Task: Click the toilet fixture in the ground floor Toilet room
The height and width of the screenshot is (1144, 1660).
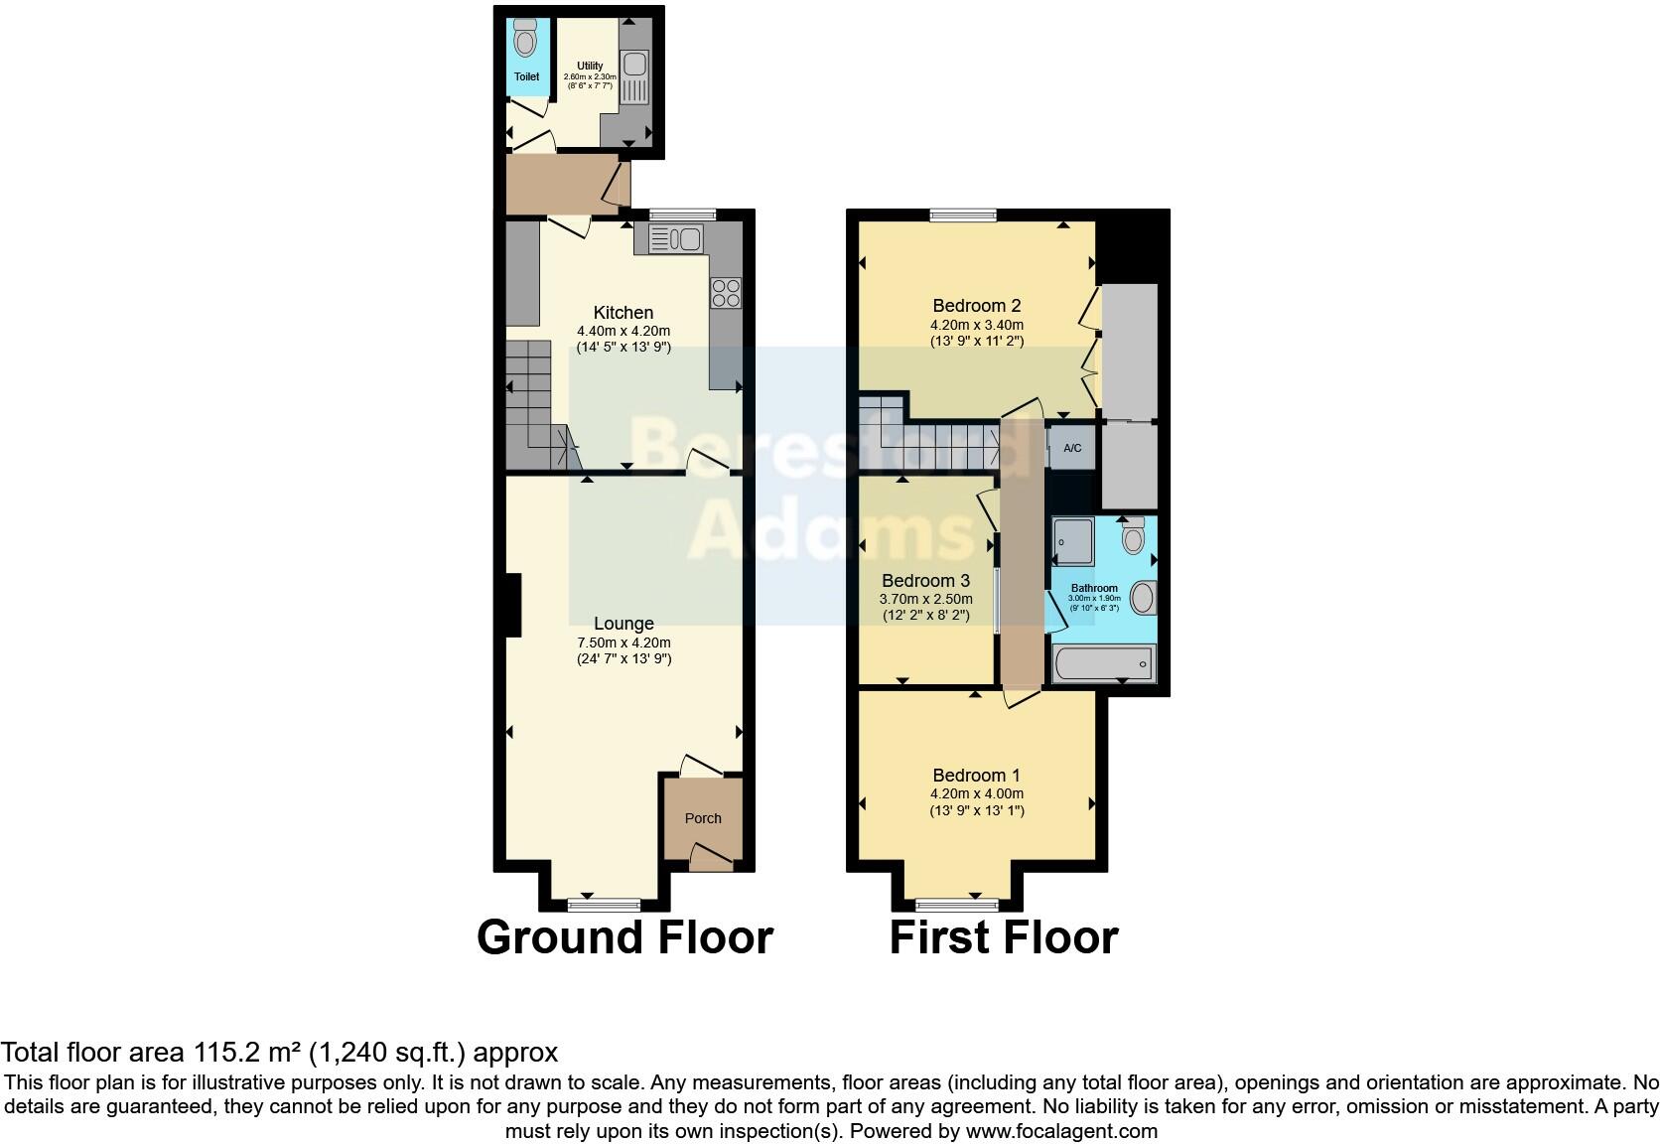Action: pyautogui.click(x=525, y=40)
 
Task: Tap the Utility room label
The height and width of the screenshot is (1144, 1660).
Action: pyautogui.click(x=590, y=67)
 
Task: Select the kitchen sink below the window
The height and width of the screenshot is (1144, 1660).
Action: pyautogui.click(x=675, y=238)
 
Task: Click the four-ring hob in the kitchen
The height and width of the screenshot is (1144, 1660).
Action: pyautogui.click(x=726, y=292)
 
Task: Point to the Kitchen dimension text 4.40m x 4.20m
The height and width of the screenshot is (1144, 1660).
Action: pyautogui.click(x=623, y=332)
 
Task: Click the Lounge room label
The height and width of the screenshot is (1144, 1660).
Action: pyautogui.click(x=623, y=624)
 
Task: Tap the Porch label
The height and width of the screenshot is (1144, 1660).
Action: pyautogui.click(x=703, y=818)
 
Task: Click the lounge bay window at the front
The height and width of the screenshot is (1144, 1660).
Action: pyautogui.click(x=604, y=904)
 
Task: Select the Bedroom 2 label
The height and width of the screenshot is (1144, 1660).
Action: pyautogui.click(x=976, y=306)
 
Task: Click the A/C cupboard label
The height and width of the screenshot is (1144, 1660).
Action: pyautogui.click(x=1072, y=449)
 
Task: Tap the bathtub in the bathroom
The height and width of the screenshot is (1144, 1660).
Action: pyautogui.click(x=1102, y=663)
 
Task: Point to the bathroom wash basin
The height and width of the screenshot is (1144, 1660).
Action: pyautogui.click(x=1143, y=598)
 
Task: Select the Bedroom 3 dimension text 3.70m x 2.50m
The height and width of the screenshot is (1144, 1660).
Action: pyautogui.click(x=925, y=599)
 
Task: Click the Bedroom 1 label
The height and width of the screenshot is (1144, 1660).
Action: pyautogui.click(x=976, y=776)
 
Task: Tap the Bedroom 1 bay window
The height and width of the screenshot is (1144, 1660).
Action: pyautogui.click(x=956, y=904)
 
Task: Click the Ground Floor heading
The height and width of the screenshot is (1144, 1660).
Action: pyautogui.click(x=624, y=937)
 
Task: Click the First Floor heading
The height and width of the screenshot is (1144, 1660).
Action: pyautogui.click(x=1003, y=937)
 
